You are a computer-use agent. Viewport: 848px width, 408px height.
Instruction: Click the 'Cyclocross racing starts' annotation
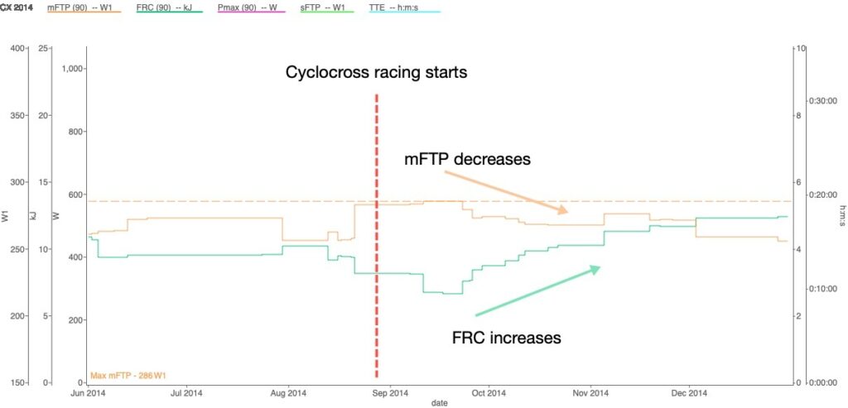(x=377, y=73)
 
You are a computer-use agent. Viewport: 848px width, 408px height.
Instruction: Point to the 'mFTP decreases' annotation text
(x=467, y=160)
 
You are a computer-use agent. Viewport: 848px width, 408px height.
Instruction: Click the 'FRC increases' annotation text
(x=507, y=338)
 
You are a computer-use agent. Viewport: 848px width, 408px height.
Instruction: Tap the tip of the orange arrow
(x=566, y=213)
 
